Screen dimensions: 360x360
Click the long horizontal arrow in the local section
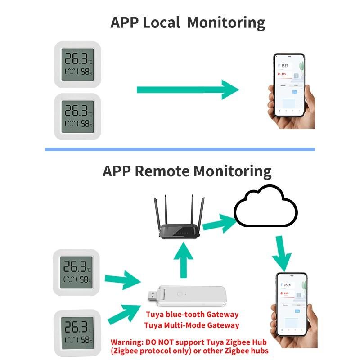[x=187, y=90]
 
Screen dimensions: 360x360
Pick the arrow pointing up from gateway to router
[x=183, y=261]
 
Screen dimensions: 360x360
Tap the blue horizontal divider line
[x=180, y=149]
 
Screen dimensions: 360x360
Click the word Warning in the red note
[x=126, y=341]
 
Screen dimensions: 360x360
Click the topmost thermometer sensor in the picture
[x=77, y=64]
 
